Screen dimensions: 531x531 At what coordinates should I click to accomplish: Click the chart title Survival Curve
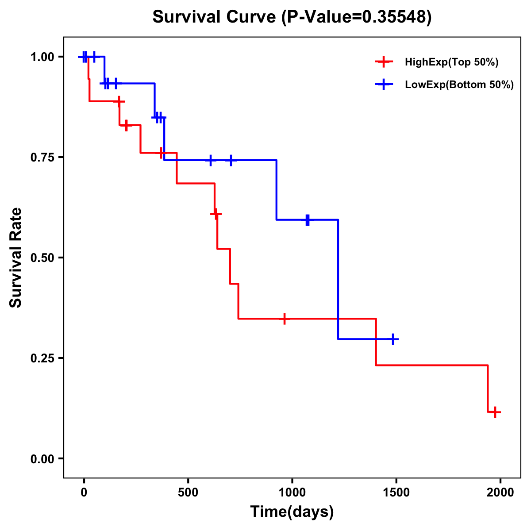coord(292,17)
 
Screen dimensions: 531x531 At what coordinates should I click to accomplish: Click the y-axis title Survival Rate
coord(16,258)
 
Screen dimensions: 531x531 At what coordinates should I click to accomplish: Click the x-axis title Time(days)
coord(292,512)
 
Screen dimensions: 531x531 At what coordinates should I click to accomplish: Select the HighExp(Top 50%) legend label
coord(451,62)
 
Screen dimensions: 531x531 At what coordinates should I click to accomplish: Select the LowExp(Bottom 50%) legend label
coord(459,85)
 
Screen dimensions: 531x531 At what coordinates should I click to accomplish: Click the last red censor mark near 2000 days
coord(496,412)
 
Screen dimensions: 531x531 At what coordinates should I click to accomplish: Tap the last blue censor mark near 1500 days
coord(392,339)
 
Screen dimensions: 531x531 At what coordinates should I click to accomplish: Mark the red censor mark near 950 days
coord(285,319)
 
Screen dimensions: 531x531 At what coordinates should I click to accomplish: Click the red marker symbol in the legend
coord(384,62)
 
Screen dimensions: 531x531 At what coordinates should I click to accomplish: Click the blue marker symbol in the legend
coord(384,85)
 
